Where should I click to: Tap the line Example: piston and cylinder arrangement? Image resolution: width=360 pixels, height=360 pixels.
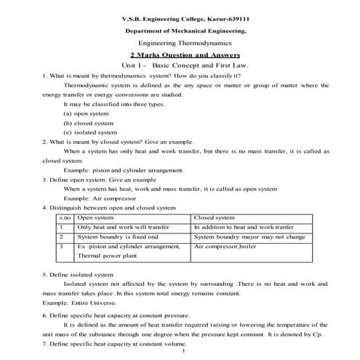(x=121, y=169)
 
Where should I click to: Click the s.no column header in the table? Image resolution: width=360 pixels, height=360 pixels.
(x=65, y=217)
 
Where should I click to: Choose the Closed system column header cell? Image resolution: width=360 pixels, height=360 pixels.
(x=215, y=217)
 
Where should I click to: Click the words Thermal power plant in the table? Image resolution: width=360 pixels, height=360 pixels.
(x=108, y=257)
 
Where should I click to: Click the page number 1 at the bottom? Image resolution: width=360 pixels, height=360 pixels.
(x=185, y=352)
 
